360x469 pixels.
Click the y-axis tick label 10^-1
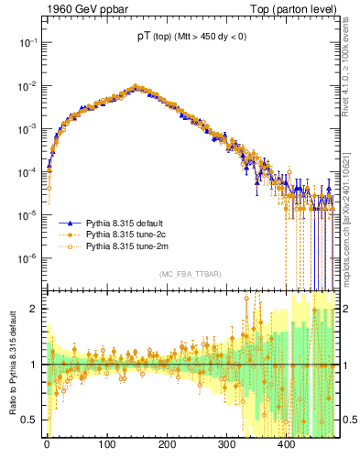pos(30,42)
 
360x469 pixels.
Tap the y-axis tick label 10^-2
pos(30,85)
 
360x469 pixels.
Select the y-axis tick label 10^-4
pos(30,171)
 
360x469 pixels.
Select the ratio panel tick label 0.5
pos(33,420)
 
